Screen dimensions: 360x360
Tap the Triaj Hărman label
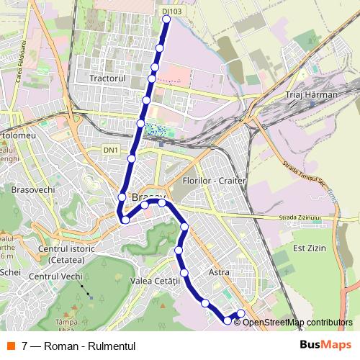(311, 94)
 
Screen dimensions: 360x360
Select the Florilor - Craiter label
(215, 180)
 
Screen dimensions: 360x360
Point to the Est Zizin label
(310, 248)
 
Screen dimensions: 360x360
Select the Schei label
(11, 272)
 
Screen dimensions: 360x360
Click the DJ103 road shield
(171, 12)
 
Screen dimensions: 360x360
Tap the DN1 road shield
(110, 150)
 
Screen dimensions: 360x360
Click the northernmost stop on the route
(166, 20)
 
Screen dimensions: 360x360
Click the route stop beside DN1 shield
(132, 158)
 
